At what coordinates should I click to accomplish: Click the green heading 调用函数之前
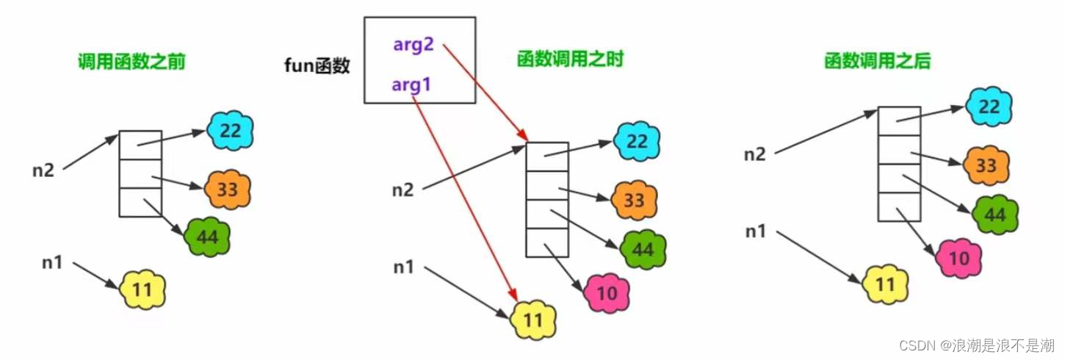point(131,62)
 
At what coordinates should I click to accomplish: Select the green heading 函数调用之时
point(569,60)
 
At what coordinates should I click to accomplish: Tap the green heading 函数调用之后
point(877,61)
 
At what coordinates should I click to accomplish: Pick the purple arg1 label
point(411,86)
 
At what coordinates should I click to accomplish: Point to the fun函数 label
point(317,66)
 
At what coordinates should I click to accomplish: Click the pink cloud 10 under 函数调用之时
point(607,293)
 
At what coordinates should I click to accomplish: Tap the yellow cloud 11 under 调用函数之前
point(142,290)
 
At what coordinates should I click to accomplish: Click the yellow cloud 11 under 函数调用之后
point(887,283)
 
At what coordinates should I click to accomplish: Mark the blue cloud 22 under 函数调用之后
point(989,107)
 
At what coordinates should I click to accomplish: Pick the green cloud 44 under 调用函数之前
point(208,236)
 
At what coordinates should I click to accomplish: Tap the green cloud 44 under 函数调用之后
point(994,215)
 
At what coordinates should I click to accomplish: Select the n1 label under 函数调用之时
point(404,267)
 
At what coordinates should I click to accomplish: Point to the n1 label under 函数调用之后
point(756,231)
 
